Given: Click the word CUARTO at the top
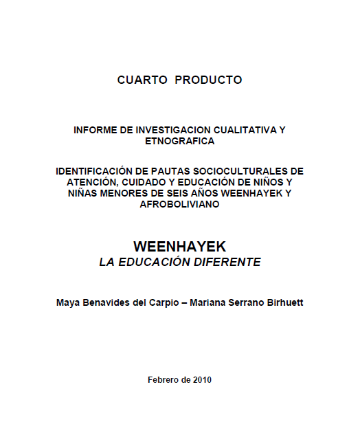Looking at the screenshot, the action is pos(143,80).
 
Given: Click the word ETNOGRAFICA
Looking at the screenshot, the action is pos(180,141).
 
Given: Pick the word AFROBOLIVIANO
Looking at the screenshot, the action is pos(179,205).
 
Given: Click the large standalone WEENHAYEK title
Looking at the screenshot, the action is pos(179,246).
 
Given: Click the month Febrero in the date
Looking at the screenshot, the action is pos(164,379).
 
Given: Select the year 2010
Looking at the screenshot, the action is pos(201,379).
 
